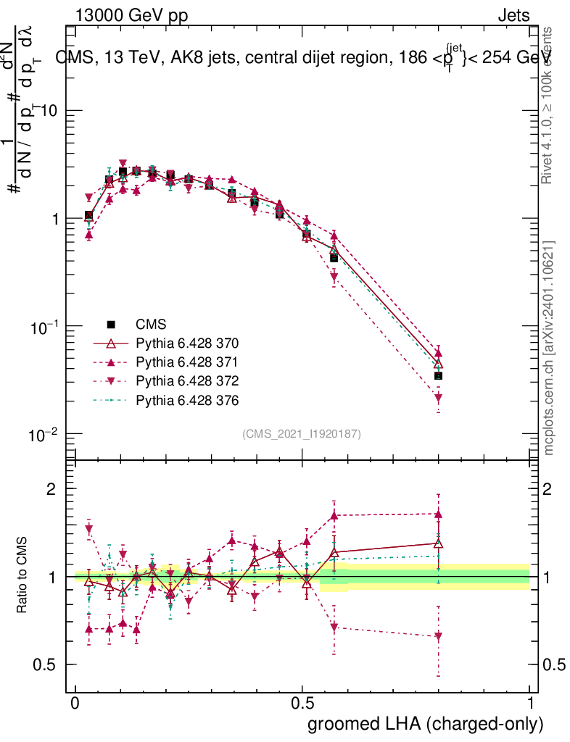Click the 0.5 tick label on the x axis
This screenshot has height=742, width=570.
click(303, 704)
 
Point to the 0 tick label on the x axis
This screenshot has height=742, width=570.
click(75, 704)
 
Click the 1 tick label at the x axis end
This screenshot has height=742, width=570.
click(530, 704)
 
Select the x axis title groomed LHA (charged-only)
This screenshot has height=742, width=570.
click(426, 724)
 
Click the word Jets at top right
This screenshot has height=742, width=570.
click(513, 15)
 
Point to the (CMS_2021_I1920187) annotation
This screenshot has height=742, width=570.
click(302, 433)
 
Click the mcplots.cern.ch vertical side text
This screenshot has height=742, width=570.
click(549, 348)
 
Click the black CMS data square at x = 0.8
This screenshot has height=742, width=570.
click(438, 375)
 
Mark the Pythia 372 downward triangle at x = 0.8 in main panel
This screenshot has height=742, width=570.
click(438, 398)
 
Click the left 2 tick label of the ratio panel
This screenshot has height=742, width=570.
click(51, 488)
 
